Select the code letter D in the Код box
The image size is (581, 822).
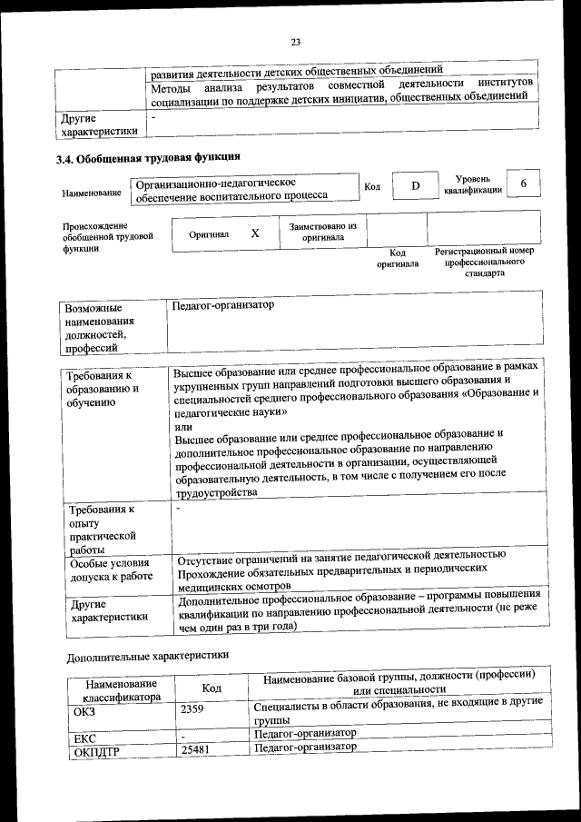click(415, 186)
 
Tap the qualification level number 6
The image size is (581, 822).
click(523, 183)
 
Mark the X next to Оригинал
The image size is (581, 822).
click(255, 233)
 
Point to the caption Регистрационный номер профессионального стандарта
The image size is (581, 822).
click(485, 262)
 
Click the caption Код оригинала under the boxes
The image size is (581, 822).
click(398, 259)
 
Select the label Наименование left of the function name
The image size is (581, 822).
click(91, 193)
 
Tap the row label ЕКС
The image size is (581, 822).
click(84, 738)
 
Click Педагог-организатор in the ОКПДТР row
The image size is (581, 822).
click(304, 747)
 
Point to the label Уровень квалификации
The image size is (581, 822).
click(472, 184)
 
